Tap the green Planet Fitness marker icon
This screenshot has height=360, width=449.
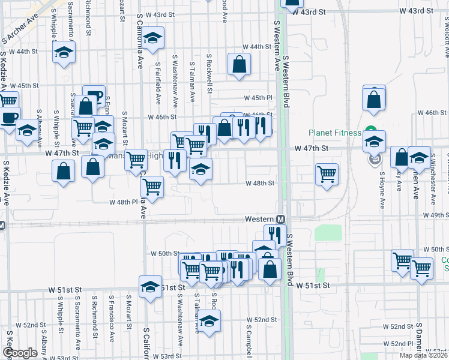click(x=371, y=133)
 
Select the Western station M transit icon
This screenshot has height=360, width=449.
click(x=280, y=220)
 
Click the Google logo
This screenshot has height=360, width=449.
click(x=20, y=353)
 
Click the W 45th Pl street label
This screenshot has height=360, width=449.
click(x=258, y=98)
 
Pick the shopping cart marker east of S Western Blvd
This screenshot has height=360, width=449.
click(x=327, y=175)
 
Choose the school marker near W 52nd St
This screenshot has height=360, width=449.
click(x=209, y=322)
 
